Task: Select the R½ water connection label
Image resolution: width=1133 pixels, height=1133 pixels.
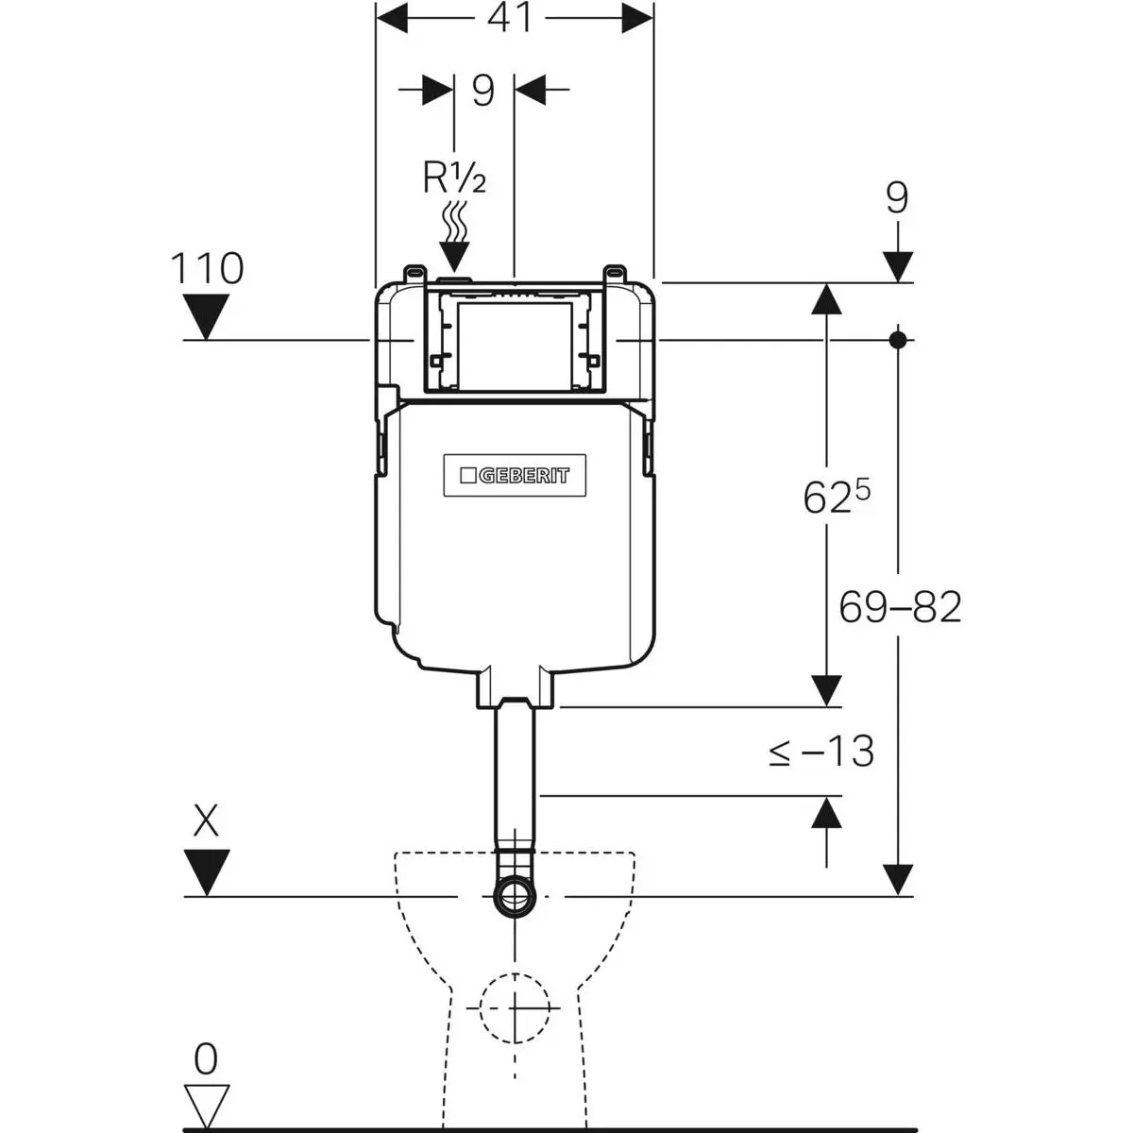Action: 454,177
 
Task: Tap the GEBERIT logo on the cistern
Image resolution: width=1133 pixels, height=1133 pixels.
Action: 514,475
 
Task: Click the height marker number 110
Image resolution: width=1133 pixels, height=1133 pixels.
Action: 206,269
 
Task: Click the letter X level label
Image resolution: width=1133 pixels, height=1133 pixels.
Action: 206,821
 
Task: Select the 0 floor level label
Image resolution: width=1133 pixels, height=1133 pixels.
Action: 205,1060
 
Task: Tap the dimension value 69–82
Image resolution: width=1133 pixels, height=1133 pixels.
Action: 900,607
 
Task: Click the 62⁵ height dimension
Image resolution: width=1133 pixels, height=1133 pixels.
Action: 835,497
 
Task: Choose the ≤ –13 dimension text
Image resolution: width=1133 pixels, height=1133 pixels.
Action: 820,752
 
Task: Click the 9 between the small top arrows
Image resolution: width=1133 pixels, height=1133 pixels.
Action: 483,92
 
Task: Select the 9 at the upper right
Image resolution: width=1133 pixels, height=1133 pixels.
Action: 897,199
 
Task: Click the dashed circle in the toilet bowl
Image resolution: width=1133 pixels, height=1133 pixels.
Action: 515,1007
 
